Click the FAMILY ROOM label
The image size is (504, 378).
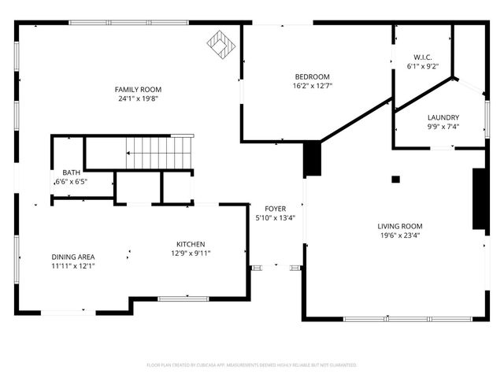139,90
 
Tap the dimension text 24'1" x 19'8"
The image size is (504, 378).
139,99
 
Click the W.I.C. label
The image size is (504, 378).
423,57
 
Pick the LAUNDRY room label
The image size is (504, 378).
443,117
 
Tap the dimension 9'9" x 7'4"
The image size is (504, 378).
443,127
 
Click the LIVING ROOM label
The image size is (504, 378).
400,226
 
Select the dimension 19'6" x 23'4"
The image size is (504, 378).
400,235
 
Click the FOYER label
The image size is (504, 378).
276,209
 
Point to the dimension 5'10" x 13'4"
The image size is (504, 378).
276,218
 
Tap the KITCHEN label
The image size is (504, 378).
191,244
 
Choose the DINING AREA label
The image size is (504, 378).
73,257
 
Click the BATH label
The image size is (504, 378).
71,172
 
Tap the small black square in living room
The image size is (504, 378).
395,180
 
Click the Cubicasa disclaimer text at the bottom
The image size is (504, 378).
252,365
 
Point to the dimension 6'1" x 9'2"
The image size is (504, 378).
423,67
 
